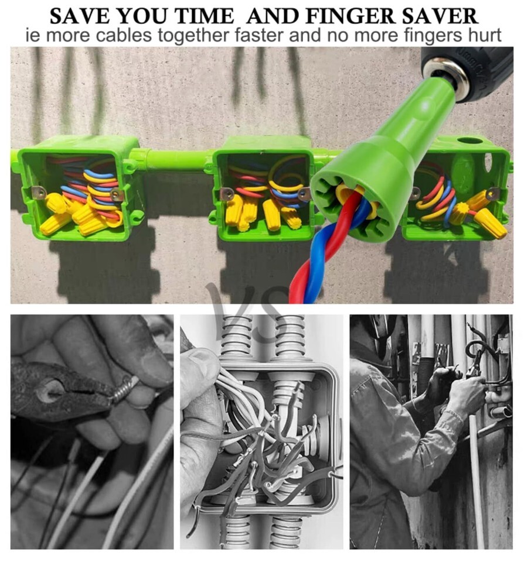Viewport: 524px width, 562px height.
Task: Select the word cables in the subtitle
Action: click(x=124, y=36)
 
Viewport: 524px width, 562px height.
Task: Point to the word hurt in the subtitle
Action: click(x=485, y=36)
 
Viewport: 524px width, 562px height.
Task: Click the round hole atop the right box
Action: click(x=470, y=140)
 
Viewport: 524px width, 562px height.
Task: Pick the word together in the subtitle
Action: click(x=193, y=36)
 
